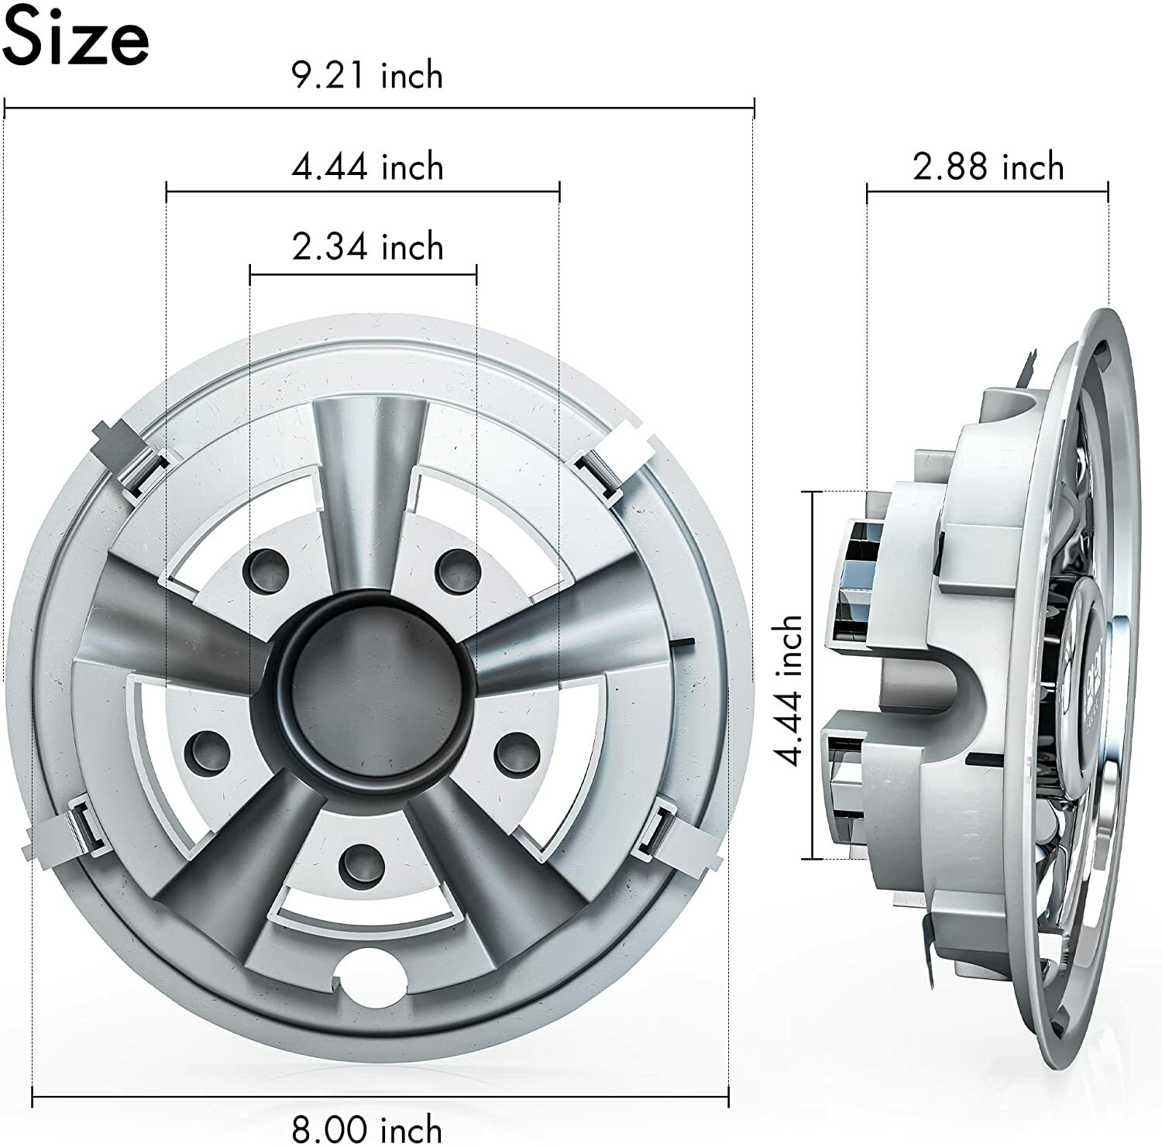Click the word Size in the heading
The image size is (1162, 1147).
[75, 38]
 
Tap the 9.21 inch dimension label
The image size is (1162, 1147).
[367, 76]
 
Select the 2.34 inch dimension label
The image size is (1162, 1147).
[367, 247]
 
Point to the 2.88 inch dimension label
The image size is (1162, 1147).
[988, 167]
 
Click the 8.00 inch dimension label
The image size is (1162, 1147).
[367, 1128]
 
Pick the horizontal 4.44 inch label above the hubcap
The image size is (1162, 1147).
[367, 167]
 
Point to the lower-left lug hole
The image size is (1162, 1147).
[208, 748]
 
